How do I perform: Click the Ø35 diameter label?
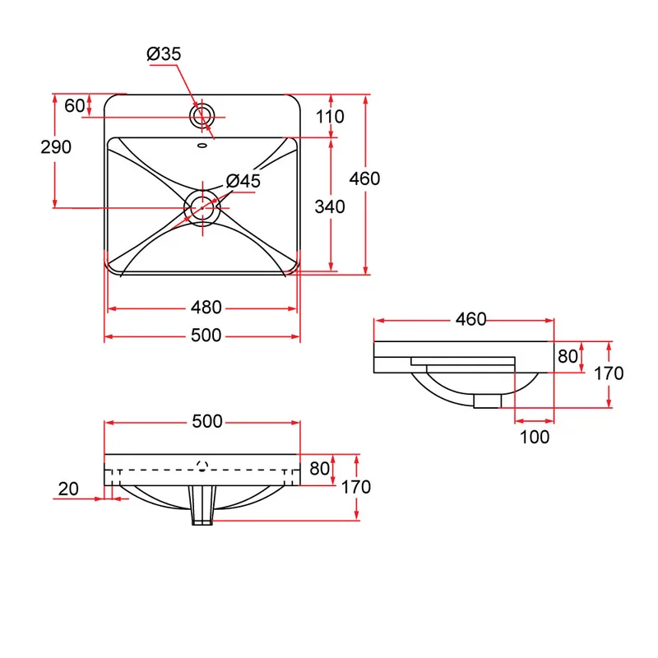click(x=164, y=54)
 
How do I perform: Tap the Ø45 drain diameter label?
click(x=243, y=181)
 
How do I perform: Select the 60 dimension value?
click(x=75, y=106)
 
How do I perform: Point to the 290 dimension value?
click(x=56, y=147)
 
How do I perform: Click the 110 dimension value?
click(x=330, y=117)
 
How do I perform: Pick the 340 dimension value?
click(x=330, y=207)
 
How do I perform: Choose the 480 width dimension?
click(x=206, y=308)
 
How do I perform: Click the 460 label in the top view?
click(x=364, y=178)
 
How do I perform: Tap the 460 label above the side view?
click(x=470, y=319)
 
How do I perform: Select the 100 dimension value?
click(x=534, y=438)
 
